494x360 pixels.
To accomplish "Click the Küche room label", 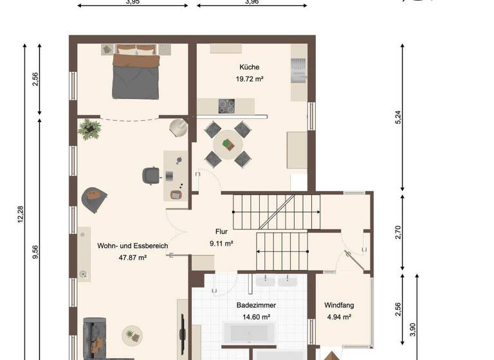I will [249, 67].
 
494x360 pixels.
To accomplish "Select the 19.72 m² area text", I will [249, 79].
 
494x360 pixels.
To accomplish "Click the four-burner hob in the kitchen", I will [226, 106].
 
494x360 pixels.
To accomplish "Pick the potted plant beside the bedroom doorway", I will [89, 129].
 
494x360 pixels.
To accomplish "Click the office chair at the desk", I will [152, 175].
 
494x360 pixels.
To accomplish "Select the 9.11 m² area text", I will [221, 244].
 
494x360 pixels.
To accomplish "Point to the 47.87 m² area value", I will [133, 258].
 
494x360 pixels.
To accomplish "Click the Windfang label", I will [339, 305].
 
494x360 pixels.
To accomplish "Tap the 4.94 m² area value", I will [338, 317].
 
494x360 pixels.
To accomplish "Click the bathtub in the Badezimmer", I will [248, 334].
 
